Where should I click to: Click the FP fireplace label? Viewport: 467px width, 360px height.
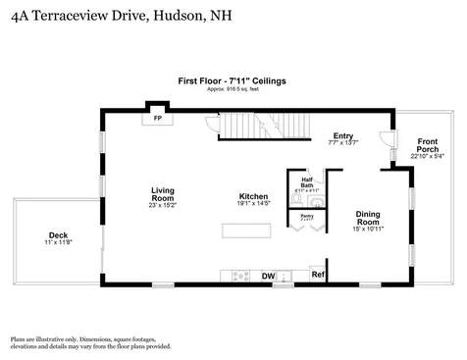click(x=156, y=119)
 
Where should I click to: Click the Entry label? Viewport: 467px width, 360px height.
click(x=342, y=136)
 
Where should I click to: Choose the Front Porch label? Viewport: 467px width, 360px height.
click(x=428, y=144)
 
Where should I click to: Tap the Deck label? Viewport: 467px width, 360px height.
click(x=58, y=235)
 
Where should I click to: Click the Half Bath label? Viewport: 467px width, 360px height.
click(x=306, y=180)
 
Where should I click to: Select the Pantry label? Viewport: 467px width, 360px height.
click(x=306, y=215)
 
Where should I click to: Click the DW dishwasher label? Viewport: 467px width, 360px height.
click(x=268, y=277)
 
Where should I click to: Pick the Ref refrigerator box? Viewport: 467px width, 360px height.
click(x=318, y=275)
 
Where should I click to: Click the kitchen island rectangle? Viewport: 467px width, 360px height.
click(x=245, y=231)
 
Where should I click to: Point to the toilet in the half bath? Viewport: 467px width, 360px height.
click(x=298, y=197)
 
